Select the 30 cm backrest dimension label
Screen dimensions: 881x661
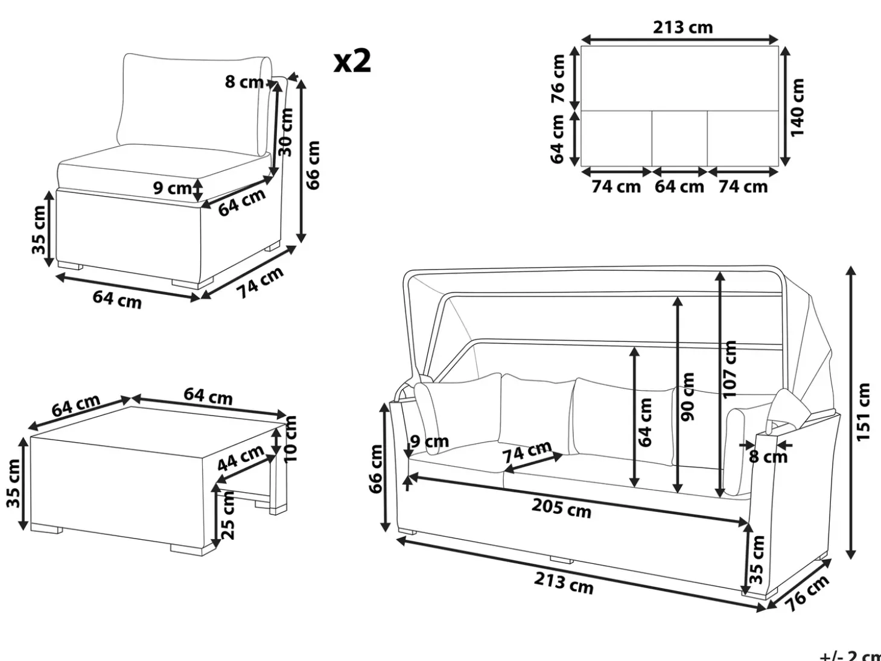287,132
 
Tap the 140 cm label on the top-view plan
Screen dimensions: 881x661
798,107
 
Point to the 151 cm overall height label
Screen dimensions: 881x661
863,413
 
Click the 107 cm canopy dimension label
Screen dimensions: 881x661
730,369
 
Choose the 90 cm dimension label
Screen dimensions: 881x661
688,397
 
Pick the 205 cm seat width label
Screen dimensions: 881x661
562,508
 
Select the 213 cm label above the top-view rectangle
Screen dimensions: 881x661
682,27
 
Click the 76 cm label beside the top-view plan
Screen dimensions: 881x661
558,78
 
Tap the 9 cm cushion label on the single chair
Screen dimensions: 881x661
173,188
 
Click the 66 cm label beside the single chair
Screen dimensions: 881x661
313,165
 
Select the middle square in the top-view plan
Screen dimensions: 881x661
679,138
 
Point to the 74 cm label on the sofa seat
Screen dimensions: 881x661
527,451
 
